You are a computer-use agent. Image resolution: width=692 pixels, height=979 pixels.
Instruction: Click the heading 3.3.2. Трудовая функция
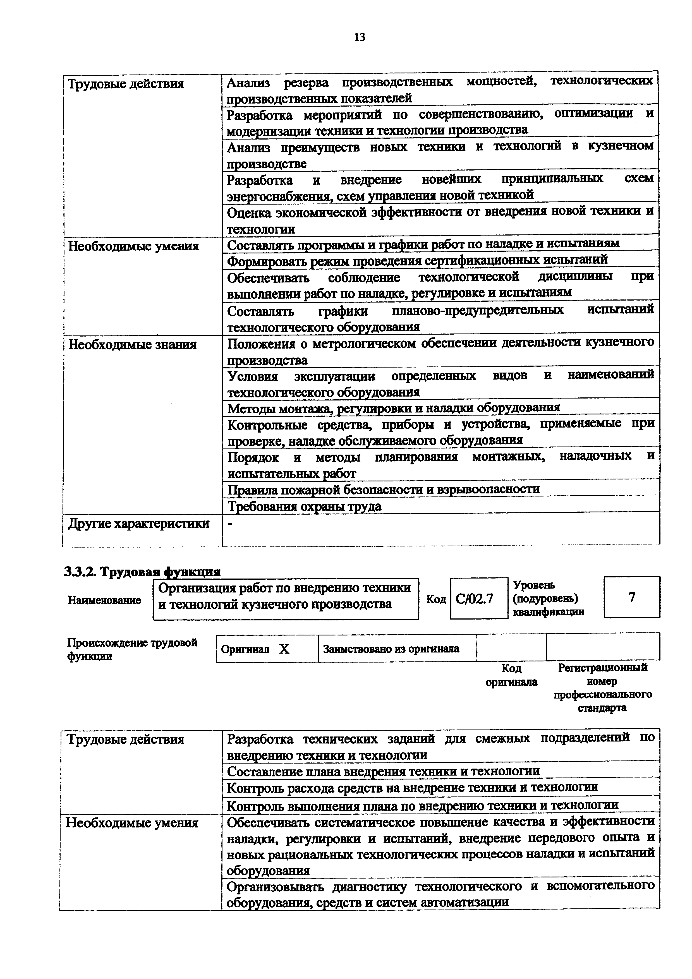click(x=142, y=572)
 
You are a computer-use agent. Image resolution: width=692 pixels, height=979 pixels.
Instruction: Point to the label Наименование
click(x=104, y=600)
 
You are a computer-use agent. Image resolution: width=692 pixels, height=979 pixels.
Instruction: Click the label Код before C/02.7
click(x=436, y=599)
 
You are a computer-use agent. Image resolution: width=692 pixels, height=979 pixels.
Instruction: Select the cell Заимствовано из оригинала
click(x=391, y=649)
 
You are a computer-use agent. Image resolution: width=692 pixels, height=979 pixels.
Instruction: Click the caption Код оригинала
click(x=511, y=675)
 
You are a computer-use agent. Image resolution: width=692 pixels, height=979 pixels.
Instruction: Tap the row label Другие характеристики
click(x=138, y=524)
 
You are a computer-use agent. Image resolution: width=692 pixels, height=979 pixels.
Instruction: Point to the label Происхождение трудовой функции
click(x=132, y=649)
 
